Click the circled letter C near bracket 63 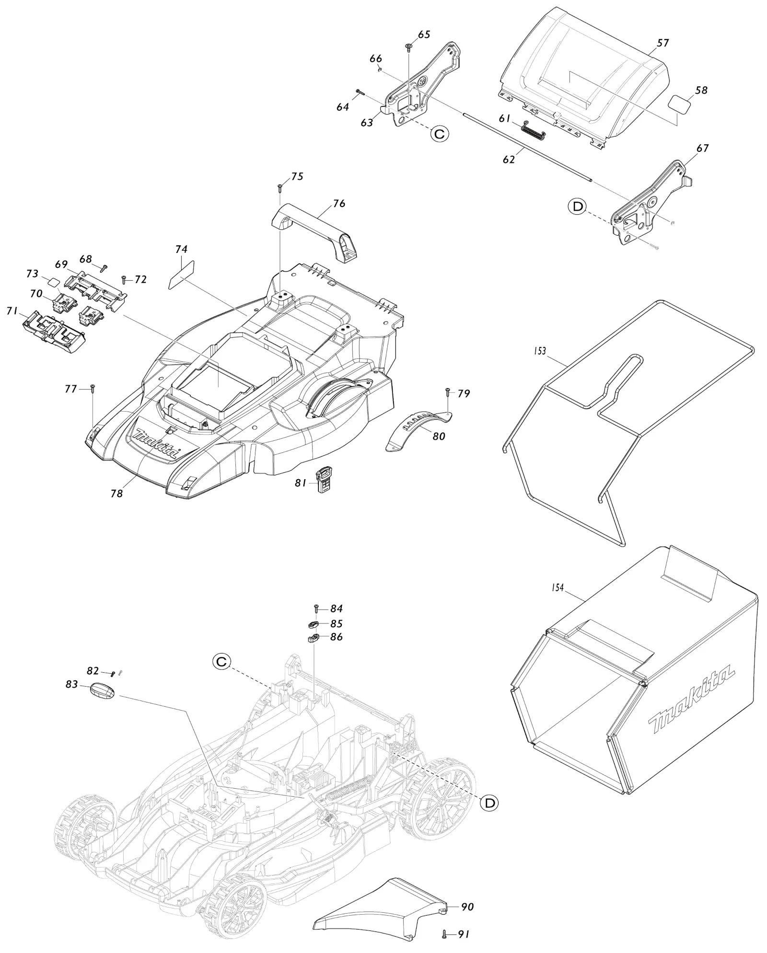(x=439, y=134)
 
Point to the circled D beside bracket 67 (x=577, y=207)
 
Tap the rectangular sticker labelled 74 (x=181, y=275)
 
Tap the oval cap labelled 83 (x=103, y=691)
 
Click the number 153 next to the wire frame (x=540, y=351)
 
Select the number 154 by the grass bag (x=558, y=587)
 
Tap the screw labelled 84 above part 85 (x=316, y=609)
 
